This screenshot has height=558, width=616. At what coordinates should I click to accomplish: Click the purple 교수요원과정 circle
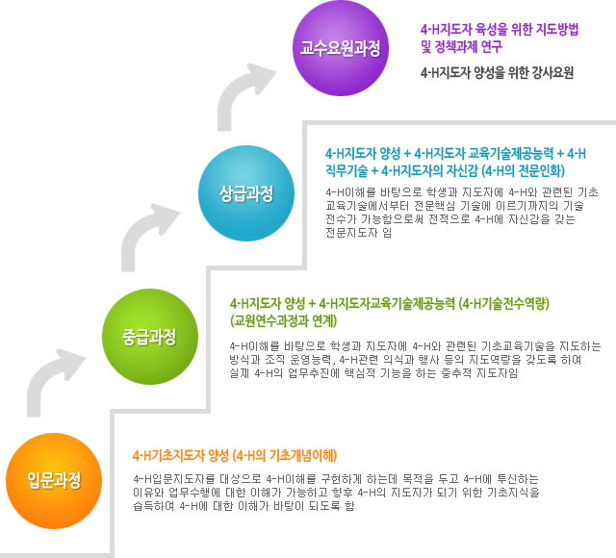pyautogui.click(x=340, y=48)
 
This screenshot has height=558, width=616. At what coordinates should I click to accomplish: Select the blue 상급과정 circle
pyautogui.click(x=246, y=193)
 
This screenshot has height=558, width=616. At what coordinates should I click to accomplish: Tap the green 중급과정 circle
pyautogui.click(x=150, y=337)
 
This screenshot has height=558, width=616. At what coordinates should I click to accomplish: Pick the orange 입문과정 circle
pyautogui.click(x=54, y=481)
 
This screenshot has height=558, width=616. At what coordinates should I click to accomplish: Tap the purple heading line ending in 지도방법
pyautogui.click(x=500, y=30)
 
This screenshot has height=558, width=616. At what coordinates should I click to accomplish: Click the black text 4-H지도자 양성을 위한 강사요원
pyautogui.click(x=497, y=73)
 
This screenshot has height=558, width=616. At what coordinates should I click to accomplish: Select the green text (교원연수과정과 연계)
pyautogui.click(x=284, y=320)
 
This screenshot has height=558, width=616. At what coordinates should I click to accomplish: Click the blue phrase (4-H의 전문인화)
pyautogui.click(x=524, y=171)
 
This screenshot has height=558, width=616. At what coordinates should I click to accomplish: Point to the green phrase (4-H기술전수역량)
pyautogui.click(x=504, y=304)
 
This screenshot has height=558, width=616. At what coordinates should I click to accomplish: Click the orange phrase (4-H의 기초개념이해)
pyautogui.click(x=285, y=455)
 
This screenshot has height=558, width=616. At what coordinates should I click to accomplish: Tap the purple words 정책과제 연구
pyautogui.click(x=469, y=47)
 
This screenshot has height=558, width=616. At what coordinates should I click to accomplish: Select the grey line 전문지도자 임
pyautogui.click(x=359, y=233)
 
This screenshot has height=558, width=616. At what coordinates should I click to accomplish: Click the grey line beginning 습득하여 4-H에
pyautogui.click(x=244, y=506)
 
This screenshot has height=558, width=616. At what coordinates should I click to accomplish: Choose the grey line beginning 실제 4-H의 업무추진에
pyautogui.click(x=373, y=373)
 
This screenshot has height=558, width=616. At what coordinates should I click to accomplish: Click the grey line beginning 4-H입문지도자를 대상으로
pyautogui.click(x=336, y=479)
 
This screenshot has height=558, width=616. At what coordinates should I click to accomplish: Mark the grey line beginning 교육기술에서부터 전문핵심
pyautogui.click(x=454, y=206)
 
